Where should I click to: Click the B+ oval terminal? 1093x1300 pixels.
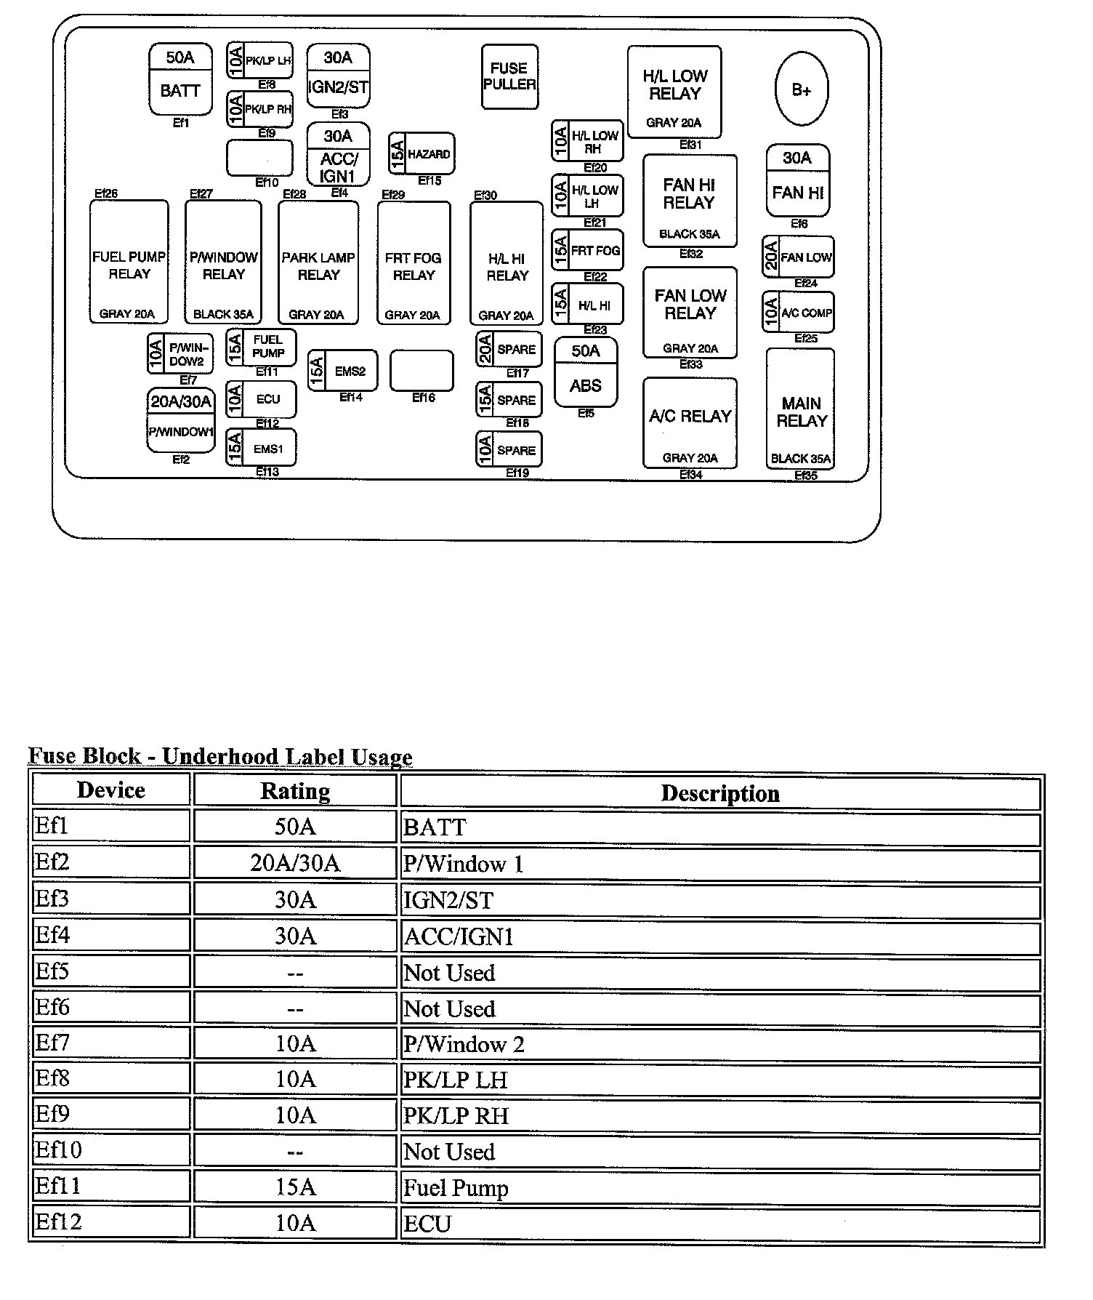pos(802,89)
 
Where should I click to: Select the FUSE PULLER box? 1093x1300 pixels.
pos(509,76)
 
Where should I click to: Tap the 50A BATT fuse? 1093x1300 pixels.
pos(180,79)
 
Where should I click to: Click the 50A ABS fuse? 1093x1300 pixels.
pos(586,372)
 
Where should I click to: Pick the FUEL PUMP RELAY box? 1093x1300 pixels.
pos(129,262)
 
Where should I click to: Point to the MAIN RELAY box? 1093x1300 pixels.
pos(800,408)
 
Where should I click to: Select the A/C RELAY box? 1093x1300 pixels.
pos(690,422)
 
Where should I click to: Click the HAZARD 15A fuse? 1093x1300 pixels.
pos(422,153)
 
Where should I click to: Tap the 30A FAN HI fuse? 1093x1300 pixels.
pos(798,180)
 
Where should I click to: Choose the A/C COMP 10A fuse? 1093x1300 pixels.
pos(798,313)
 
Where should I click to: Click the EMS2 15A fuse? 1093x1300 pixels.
pos(342,371)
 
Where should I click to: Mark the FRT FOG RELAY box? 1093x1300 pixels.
pos(414,262)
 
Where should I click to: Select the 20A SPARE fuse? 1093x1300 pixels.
pos(509,350)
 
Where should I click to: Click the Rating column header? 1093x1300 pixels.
pos(295,790)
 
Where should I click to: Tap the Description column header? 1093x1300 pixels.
pos(720,793)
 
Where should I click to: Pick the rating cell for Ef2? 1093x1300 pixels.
pos(295,863)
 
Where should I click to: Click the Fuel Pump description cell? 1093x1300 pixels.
pos(720,1187)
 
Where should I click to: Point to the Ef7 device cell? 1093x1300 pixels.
pos(111,1043)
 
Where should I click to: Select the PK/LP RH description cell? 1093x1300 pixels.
pos(720,1115)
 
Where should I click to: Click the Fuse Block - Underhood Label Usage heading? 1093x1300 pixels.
pos(220,756)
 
